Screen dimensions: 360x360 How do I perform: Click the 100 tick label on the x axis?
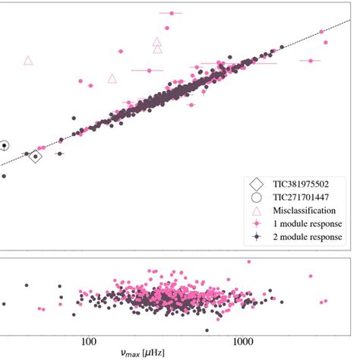tap(89, 342)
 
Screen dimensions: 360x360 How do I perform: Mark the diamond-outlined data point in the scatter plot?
tap(35, 156)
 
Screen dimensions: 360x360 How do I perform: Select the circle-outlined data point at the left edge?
tap(4, 144)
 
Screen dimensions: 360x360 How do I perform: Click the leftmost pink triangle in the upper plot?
tap(28, 60)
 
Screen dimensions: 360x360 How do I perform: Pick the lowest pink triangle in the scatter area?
tap(112, 78)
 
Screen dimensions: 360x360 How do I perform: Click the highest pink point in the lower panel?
tap(248, 262)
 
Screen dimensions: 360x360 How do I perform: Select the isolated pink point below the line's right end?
tap(311, 61)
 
